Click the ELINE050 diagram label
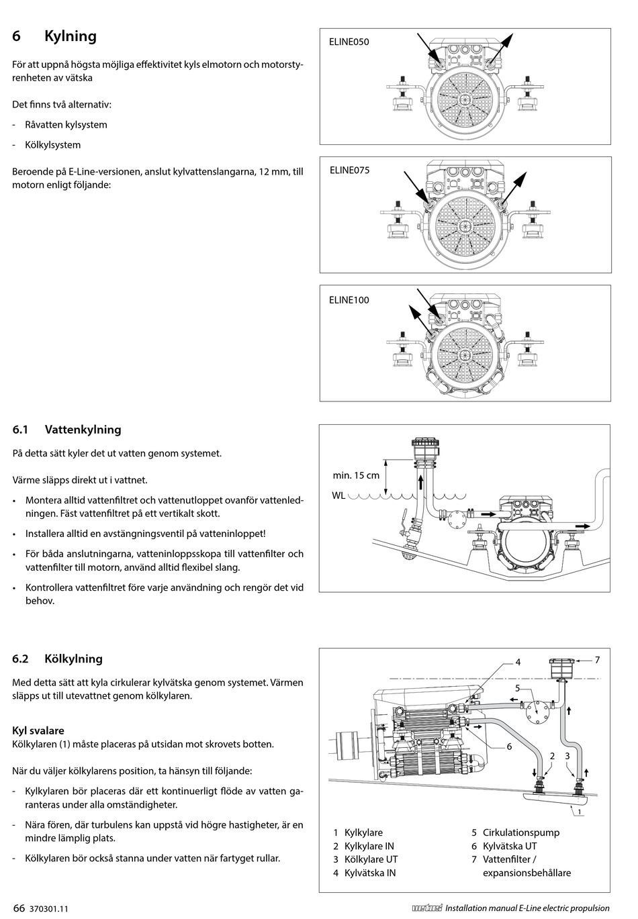[349, 42]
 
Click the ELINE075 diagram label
[349, 170]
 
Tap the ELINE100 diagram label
[349, 300]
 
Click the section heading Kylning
[71, 36]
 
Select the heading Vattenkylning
[83, 430]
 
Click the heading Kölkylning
[73, 659]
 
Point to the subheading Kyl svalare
[38, 730]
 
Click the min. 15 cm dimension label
[356, 475]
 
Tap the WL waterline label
[338, 495]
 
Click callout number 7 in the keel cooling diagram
[596, 660]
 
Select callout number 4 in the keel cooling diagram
[518, 662]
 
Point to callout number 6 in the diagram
[509, 746]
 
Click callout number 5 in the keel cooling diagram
[518, 688]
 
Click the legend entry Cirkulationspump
[520, 832]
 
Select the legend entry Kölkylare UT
[371, 859]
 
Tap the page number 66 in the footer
[19, 908]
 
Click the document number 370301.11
[50, 909]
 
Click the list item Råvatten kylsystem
[66, 125]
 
